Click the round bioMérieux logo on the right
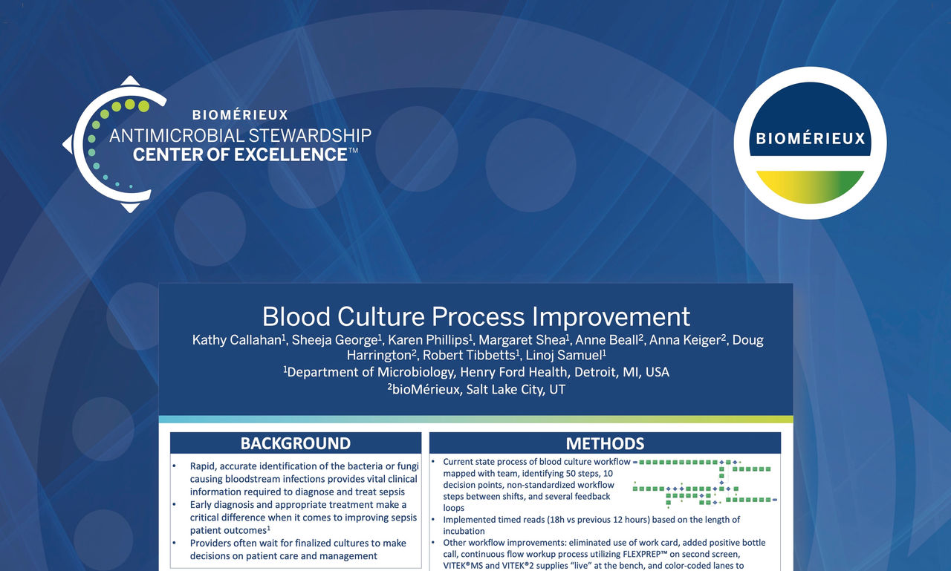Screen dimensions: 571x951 pyautogui.click(x=810, y=143)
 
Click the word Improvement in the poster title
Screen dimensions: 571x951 pyautogui.click(x=611, y=316)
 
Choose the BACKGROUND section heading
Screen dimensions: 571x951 pyautogui.click(x=295, y=443)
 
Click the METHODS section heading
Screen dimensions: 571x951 pyautogui.click(x=605, y=443)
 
